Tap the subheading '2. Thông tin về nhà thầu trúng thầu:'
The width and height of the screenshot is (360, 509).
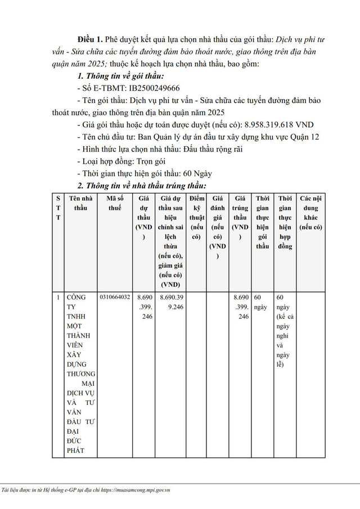(142, 186)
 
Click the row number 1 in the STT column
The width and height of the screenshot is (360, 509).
(58, 296)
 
